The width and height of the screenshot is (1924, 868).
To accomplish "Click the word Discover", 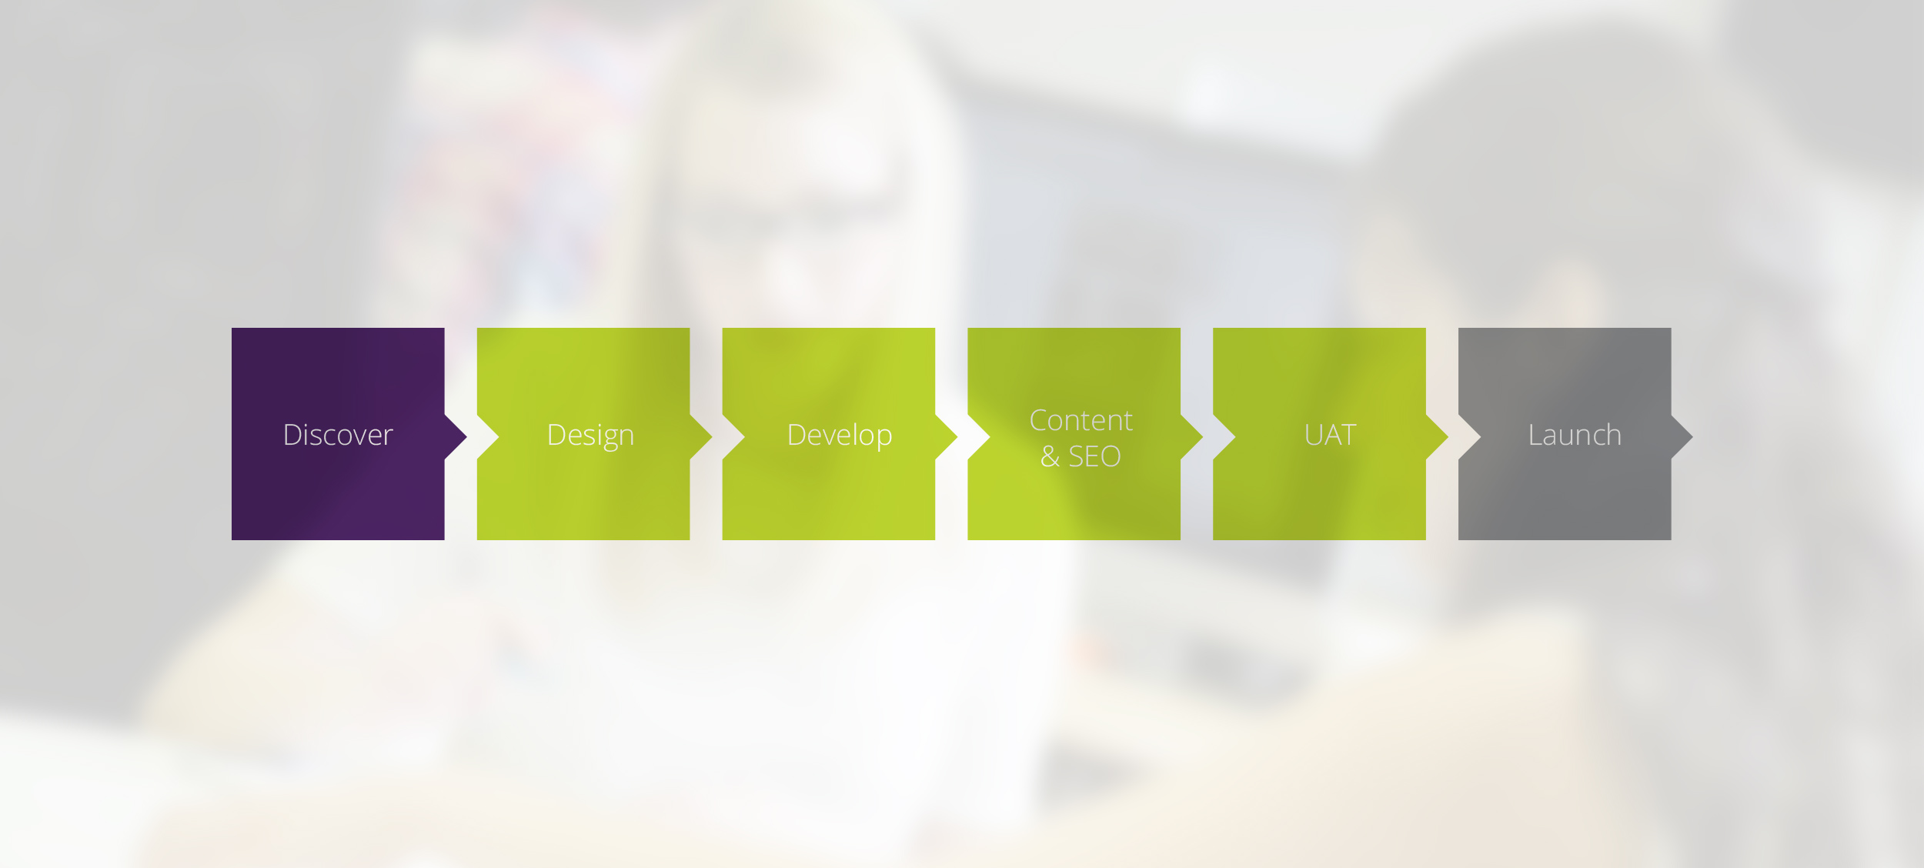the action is [x=338, y=435].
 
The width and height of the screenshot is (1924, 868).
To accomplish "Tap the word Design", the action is [x=590, y=436].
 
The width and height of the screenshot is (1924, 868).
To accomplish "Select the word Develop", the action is [x=840, y=436].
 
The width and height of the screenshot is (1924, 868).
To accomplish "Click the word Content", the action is [x=1081, y=420].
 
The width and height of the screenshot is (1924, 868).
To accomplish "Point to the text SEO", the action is [x=1094, y=456].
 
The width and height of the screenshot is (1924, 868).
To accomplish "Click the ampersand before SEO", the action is [x=1050, y=456].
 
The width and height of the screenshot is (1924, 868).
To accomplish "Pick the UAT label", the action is [x=1330, y=436].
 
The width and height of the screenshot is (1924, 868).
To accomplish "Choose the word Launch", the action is [x=1575, y=436].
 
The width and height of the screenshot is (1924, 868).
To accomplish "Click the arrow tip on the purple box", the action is [x=466, y=436].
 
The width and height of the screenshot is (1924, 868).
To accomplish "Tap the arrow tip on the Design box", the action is [x=712, y=436].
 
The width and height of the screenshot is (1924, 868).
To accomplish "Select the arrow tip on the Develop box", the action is [x=957, y=436].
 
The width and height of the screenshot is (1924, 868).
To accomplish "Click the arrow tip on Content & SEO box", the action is [x=1203, y=436].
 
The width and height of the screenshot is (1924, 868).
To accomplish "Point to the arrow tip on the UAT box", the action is [x=1448, y=436].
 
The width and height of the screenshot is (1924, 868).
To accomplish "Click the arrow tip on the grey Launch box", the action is [x=1693, y=436].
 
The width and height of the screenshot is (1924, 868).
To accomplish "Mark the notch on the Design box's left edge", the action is [x=499, y=436].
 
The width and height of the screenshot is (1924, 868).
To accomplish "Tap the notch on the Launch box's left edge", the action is [x=1480, y=436].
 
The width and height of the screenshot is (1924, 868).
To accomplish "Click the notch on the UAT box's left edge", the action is [x=1234, y=436].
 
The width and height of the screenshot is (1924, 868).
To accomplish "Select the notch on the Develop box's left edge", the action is [x=744, y=436].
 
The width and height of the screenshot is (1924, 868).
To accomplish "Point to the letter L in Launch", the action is [x=1535, y=435].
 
